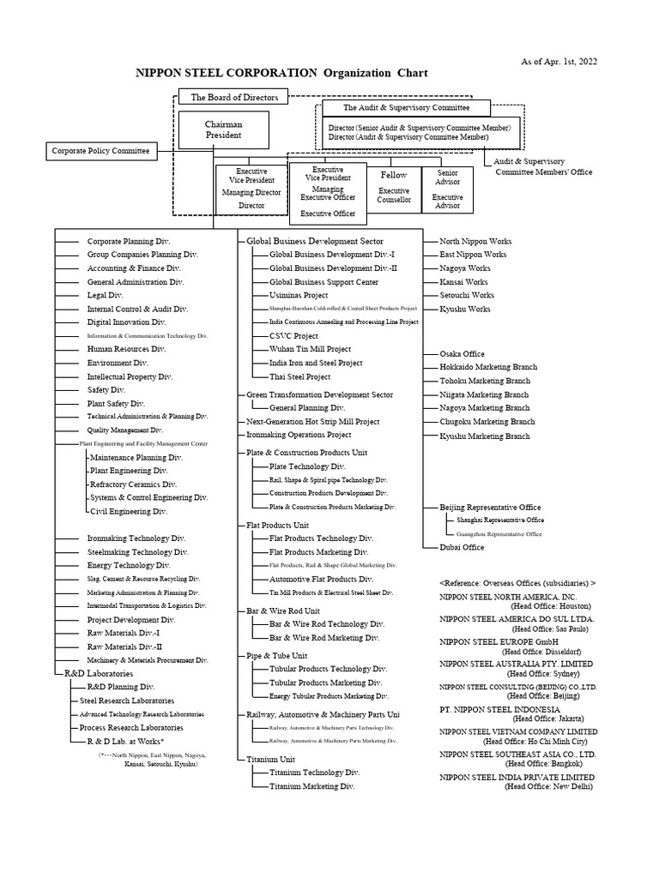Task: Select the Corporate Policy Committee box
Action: [x=100, y=152]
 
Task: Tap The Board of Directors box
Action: [x=234, y=98]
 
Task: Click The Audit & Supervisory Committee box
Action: [x=406, y=108]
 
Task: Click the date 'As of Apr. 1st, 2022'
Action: [x=559, y=62]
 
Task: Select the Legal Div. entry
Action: [x=105, y=295]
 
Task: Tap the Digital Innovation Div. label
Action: [x=126, y=322]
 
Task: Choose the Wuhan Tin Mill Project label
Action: [x=310, y=349]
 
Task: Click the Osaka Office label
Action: [x=462, y=353]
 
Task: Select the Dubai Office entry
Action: [x=462, y=547]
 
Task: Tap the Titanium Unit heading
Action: [x=270, y=759]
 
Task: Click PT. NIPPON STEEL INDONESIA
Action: [x=499, y=710]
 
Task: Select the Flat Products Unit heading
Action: [x=277, y=525]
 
